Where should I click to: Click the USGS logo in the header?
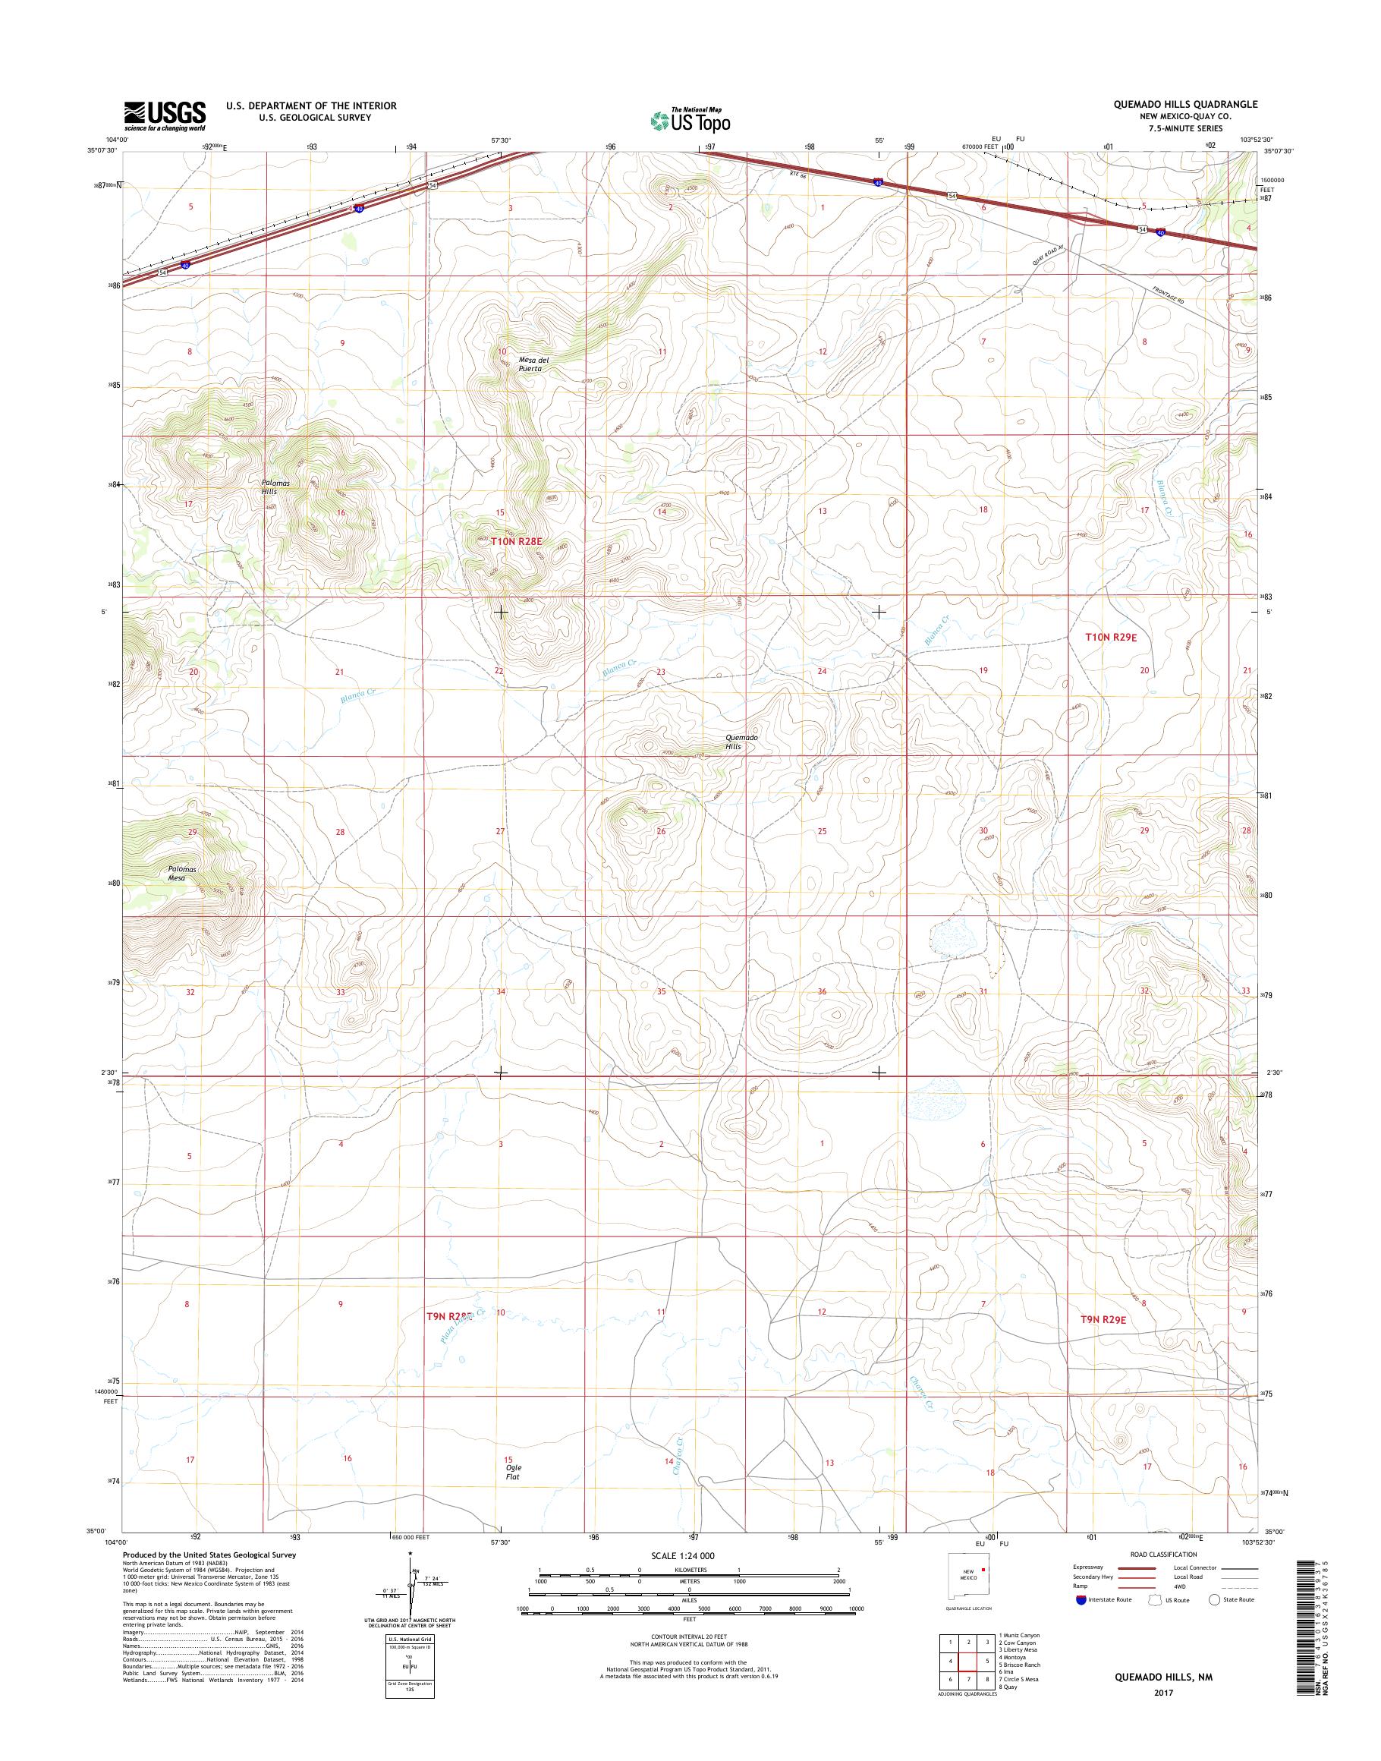tap(164, 115)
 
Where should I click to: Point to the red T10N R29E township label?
tap(1111, 638)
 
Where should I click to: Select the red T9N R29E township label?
tap(1104, 1342)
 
